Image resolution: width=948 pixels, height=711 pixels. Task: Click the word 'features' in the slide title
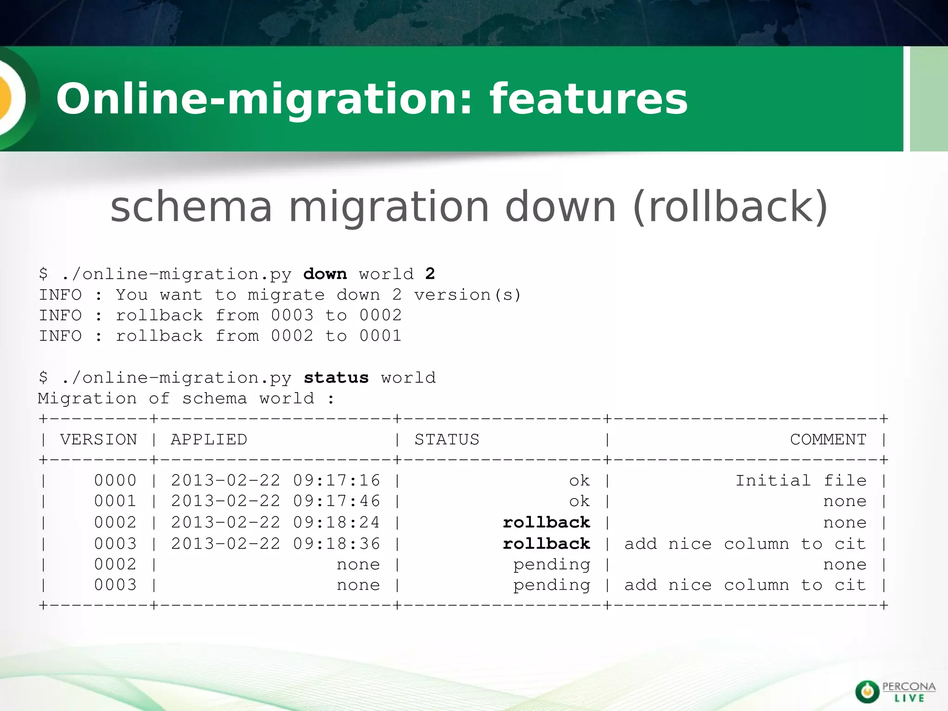tap(589, 99)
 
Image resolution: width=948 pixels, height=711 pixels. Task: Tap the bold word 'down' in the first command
tap(325, 274)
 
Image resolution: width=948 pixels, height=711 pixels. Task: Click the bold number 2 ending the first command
tap(430, 274)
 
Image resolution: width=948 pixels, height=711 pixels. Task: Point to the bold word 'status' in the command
tap(336, 378)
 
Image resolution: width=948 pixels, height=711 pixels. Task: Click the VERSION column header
tap(99, 439)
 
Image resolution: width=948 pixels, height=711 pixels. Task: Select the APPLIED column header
tap(209, 439)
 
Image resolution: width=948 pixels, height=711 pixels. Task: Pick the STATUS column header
tap(447, 439)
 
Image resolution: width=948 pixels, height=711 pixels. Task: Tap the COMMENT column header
tap(828, 439)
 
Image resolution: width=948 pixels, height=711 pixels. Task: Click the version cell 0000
tap(115, 480)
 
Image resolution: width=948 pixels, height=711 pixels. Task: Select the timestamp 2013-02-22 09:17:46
tap(275, 501)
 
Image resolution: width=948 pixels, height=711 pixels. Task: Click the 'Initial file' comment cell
tap(801, 480)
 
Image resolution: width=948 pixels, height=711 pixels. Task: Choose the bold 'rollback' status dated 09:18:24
tap(546, 523)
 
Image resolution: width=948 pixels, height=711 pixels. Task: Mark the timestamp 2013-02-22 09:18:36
tap(275, 543)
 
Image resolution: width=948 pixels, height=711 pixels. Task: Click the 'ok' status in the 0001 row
tap(580, 501)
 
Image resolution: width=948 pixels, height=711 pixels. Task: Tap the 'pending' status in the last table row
tap(551, 586)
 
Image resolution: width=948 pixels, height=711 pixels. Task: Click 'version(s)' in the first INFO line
tap(468, 295)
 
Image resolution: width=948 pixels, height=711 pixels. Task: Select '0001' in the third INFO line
tap(380, 336)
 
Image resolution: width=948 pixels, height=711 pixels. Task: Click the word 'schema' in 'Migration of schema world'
tap(214, 399)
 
